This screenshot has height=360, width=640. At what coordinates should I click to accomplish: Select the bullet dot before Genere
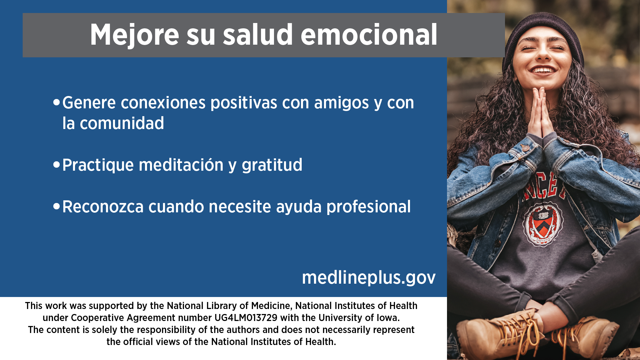[x=56, y=102]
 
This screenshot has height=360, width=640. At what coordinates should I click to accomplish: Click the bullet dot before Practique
[x=56, y=165]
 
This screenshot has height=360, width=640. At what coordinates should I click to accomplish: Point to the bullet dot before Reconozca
[x=56, y=206]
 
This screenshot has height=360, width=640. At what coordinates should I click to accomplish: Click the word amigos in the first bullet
[x=341, y=103]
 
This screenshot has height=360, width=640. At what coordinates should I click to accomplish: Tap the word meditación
[x=181, y=165]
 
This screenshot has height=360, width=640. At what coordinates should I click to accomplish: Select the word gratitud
[x=272, y=165]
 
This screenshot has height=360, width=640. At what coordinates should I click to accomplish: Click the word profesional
[x=368, y=207]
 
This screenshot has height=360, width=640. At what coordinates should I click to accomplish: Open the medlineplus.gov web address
[x=369, y=278]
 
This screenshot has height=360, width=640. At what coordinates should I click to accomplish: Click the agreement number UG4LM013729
[x=246, y=318]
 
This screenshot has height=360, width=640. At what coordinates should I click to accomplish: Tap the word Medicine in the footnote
[x=271, y=306]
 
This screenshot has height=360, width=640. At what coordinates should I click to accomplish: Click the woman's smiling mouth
[x=543, y=70]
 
